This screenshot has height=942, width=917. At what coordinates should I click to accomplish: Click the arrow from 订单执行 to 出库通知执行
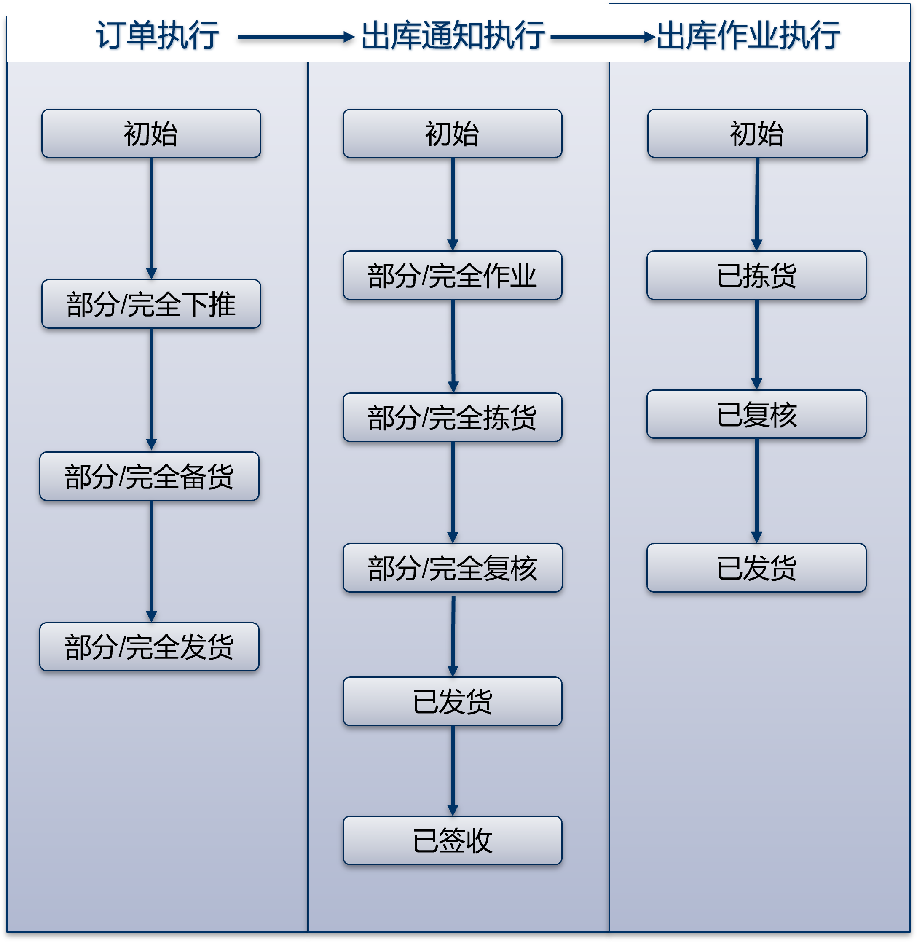(295, 37)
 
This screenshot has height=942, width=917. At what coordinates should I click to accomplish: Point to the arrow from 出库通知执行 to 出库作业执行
(602, 37)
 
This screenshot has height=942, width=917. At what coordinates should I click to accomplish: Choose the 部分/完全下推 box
(151, 304)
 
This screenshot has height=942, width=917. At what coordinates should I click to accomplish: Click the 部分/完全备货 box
(149, 476)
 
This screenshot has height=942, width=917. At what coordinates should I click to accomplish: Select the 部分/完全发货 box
(149, 647)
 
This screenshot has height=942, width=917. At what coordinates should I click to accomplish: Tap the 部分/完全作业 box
(452, 276)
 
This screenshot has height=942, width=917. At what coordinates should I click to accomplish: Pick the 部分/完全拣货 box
(452, 418)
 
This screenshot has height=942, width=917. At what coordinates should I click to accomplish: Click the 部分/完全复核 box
(452, 568)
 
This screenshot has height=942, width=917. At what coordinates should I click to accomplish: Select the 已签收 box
(452, 840)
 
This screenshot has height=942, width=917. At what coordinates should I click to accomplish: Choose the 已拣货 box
(756, 276)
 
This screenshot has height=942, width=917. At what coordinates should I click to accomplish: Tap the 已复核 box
(756, 414)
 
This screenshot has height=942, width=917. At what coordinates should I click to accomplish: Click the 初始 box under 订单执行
(151, 134)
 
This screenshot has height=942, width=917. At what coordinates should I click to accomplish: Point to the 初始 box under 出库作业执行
(757, 134)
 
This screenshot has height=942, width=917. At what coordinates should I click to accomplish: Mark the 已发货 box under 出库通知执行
(452, 701)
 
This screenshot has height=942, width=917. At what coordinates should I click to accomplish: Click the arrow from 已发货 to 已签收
(452, 770)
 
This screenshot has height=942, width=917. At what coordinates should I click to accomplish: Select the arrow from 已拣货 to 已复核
(756, 344)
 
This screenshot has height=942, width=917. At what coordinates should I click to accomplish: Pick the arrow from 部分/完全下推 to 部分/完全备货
(151, 389)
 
